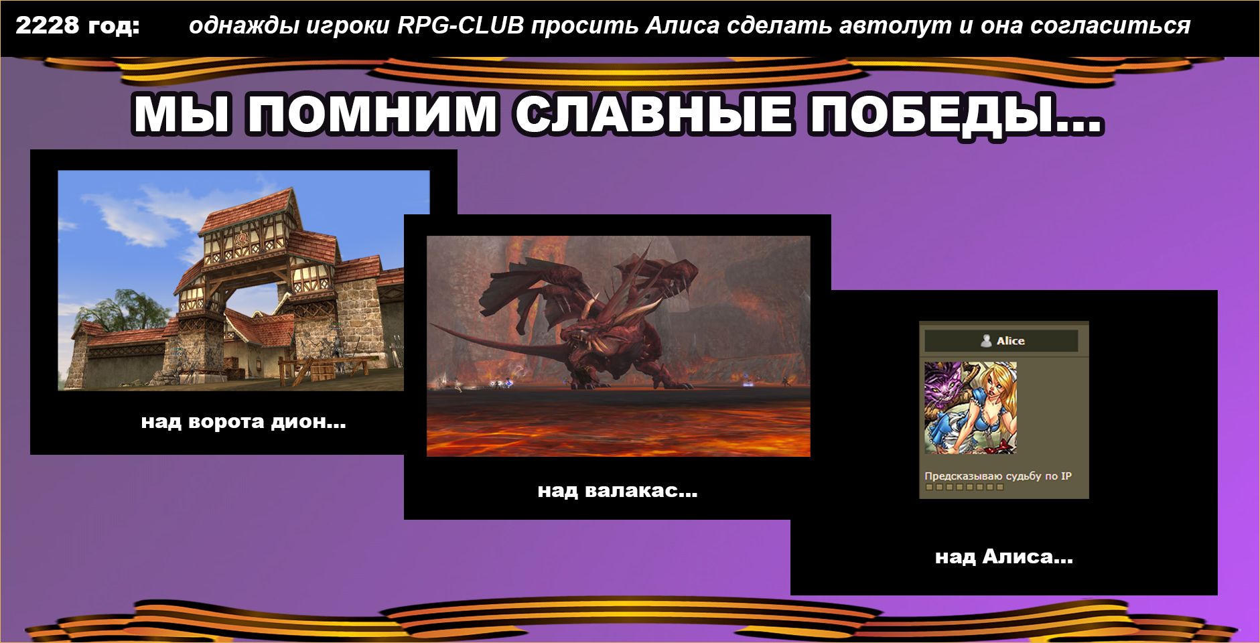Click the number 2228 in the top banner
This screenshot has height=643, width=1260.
point(46,25)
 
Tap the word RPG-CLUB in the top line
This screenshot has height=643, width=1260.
point(461,25)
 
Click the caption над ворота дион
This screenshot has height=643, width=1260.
point(244,422)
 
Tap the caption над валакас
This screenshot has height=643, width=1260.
point(618,491)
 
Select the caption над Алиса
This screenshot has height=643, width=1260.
point(1004,557)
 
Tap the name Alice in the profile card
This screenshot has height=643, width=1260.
point(1010,341)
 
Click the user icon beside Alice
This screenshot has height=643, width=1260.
point(986,341)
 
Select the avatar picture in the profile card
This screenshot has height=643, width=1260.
point(971,408)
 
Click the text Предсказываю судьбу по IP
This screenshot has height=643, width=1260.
point(998,476)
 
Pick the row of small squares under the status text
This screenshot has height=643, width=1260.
point(965,487)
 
